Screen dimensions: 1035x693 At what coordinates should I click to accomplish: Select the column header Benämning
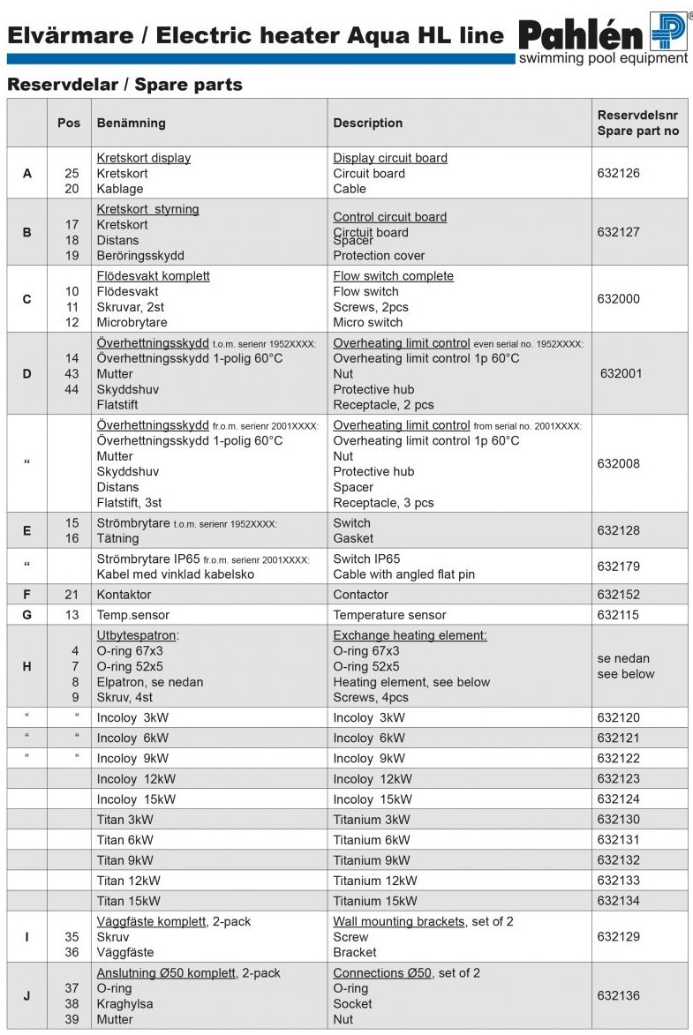[x=131, y=123]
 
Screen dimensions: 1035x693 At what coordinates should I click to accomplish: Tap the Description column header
[x=367, y=123]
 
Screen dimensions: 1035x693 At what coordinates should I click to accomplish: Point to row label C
[x=26, y=299]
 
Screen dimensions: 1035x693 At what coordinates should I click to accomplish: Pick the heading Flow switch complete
[x=393, y=276]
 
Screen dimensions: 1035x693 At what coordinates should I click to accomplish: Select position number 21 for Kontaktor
[x=72, y=595]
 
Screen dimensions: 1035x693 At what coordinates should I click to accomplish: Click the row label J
[x=26, y=996]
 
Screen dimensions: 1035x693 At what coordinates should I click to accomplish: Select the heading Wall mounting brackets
[x=398, y=921]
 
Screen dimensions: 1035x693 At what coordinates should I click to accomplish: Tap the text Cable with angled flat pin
[x=403, y=574]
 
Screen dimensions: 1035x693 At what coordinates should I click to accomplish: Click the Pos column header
[x=69, y=123]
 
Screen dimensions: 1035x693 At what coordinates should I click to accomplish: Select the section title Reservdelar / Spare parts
[x=124, y=85]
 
